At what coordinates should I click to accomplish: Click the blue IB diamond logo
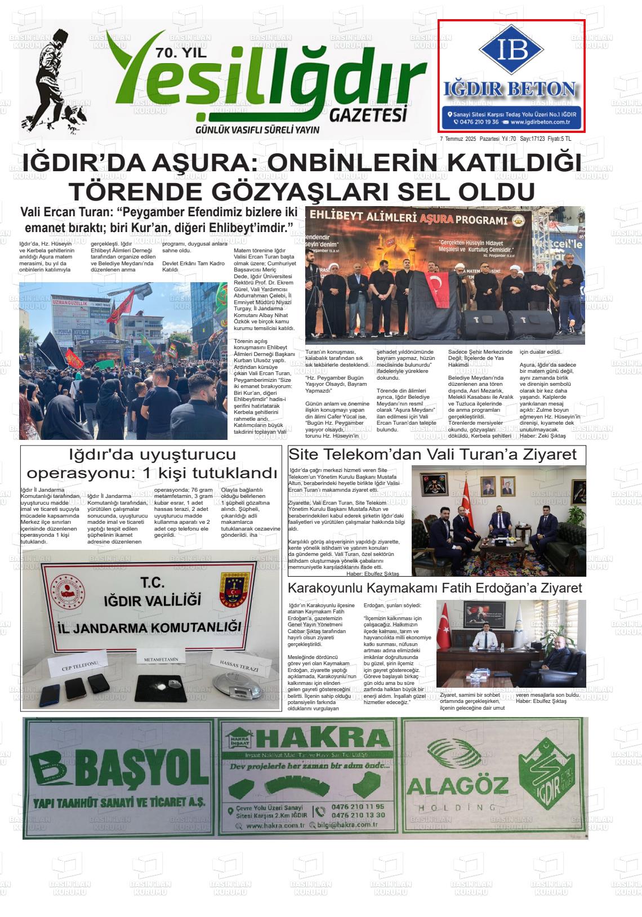[512, 50]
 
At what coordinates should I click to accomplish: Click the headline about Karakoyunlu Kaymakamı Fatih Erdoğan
[435, 588]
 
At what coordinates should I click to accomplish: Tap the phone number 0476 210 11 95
[358, 807]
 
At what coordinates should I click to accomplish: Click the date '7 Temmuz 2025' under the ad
[458, 139]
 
